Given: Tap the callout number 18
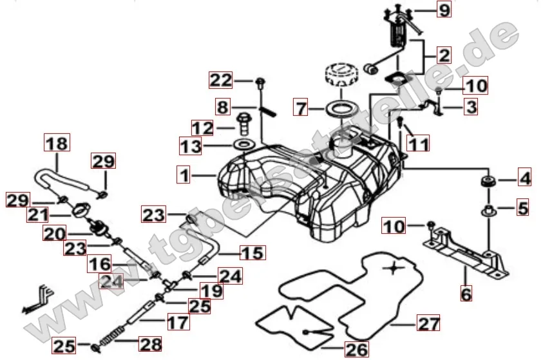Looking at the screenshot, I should pyautogui.click(x=56, y=142).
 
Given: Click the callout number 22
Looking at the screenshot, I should pyautogui.click(x=220, y=81).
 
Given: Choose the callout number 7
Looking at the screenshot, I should pyautogui.click(x=301, y=106).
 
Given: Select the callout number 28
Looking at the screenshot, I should pyautogui.click(x=150, y=345).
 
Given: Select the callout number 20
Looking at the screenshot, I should pyautogui.click(x=53, y=234).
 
